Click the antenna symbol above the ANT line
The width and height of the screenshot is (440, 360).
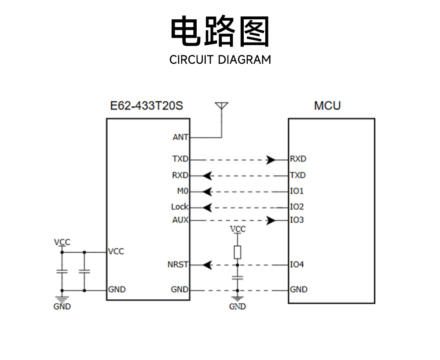[x=222, y=106]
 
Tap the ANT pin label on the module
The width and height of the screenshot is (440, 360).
[x=180, y=137]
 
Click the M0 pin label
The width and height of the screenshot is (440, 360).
[x=182, y=191]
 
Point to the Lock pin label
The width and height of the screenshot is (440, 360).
[x=180, y=207]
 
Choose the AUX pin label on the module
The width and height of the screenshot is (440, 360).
[x=180, y=220]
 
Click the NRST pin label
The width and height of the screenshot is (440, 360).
[x=178, y=265]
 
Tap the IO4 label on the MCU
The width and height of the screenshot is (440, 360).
[x=297, y=265]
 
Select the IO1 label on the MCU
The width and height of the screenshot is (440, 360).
[x=297, y=191]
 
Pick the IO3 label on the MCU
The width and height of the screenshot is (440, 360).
[x=297, y=220]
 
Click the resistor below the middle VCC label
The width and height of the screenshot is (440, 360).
[x=238, y=252]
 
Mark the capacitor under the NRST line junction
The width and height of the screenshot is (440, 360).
[x=238, y=278]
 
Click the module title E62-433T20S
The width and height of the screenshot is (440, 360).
[x=147, y=106]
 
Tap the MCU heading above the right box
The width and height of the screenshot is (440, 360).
[x=327, y=106]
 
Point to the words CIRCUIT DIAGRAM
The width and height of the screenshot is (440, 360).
[x=220, y=59]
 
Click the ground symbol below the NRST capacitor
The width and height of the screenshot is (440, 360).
[x=238, y=299]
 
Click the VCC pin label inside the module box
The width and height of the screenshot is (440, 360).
[x=116, y=251]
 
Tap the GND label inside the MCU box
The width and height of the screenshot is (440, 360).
[x=299, y=289]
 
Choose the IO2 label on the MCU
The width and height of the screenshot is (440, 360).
[x=297, y=207]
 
